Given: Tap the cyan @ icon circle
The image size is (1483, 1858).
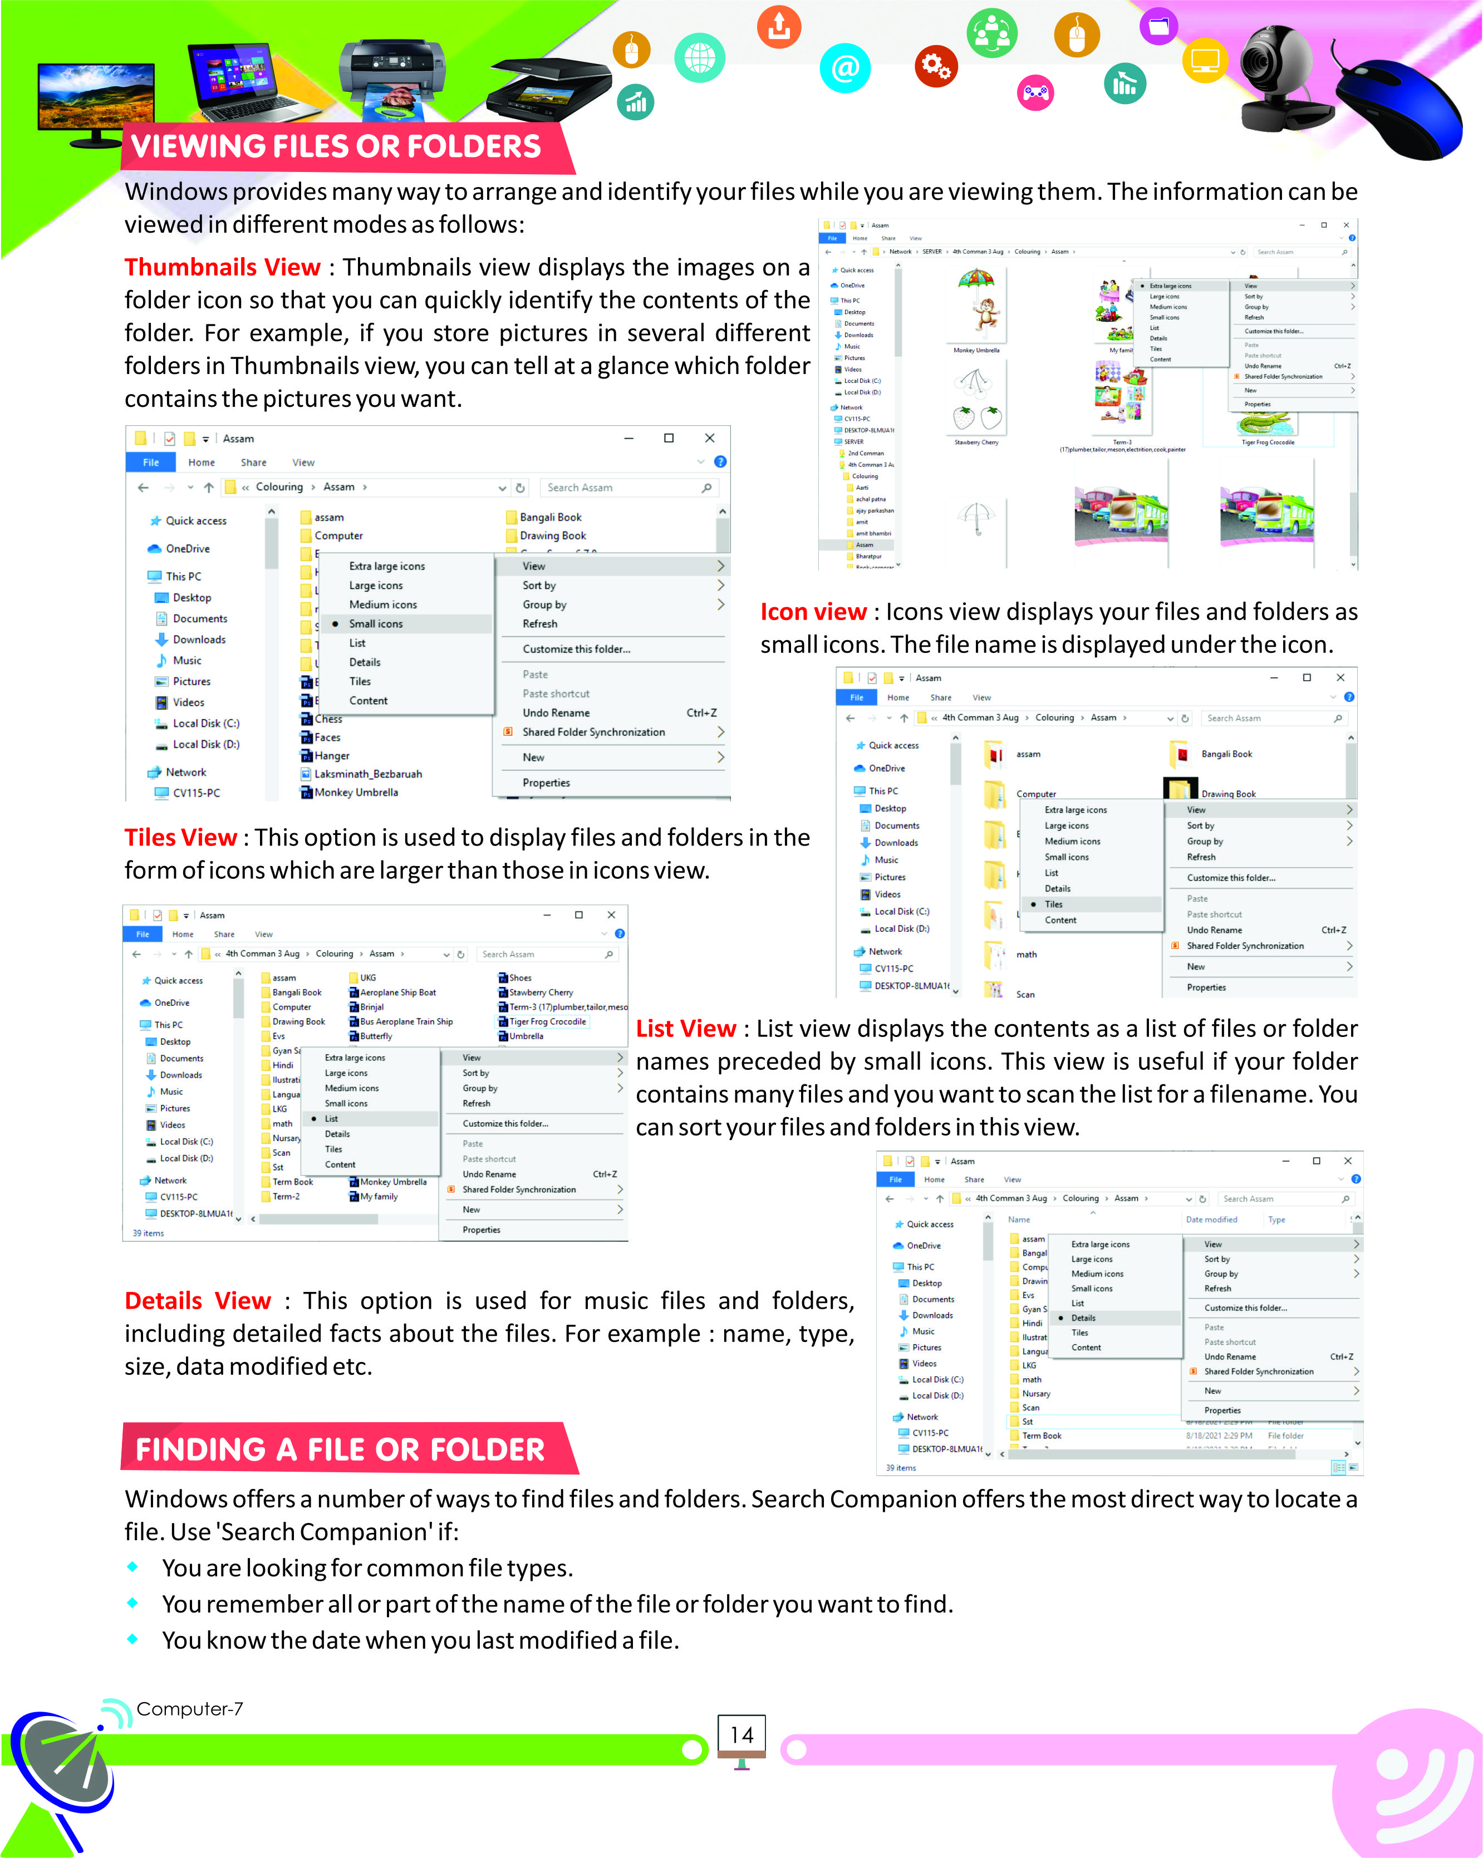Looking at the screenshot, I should click(x=844, y=68).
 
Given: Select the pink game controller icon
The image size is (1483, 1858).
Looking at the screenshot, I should click(x=1036, y=92).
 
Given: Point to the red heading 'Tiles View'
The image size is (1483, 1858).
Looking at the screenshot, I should click(x=180, y=838).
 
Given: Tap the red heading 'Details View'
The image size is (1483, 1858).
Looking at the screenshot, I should click(x=197, y=1300).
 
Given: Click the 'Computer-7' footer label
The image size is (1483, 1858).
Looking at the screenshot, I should click(x=190, y=1709).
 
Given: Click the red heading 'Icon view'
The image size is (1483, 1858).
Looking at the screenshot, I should click(x=813, y=612).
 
